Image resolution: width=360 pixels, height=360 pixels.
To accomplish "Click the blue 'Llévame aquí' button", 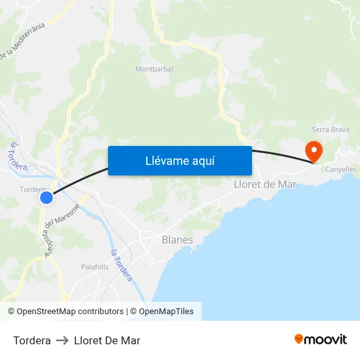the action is click(179, 160).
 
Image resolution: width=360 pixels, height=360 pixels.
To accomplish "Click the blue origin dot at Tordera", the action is click(46, 197).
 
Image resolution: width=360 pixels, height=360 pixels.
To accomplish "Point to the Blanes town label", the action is click(177, 240).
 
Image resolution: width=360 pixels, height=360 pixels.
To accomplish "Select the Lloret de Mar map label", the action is click(265, 184).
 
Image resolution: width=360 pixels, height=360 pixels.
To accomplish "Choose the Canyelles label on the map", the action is click(340, 169).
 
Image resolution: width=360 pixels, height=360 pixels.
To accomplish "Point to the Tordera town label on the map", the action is click(33, 189).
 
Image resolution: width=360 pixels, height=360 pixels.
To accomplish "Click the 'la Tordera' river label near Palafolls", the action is click(122, 265).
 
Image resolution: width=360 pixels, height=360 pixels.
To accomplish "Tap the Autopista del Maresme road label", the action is click(60, 229).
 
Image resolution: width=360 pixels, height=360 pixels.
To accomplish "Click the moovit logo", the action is click(321, 339).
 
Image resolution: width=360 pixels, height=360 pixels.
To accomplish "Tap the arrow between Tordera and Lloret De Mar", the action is click(63, 340).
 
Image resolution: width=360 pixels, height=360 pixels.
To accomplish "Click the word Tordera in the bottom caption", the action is click(32, 340).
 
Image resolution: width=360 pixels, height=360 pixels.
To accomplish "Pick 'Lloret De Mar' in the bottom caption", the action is click(107, 340).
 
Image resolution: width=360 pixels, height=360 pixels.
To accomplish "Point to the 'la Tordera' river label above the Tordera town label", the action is click(16, 157).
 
